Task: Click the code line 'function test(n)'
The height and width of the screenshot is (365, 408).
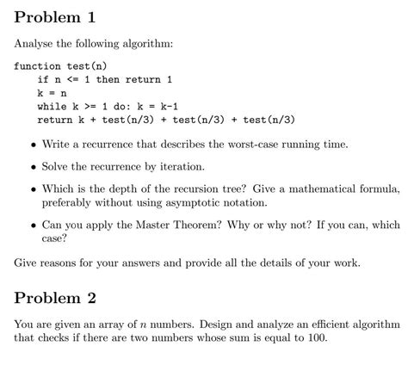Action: coord(60,65)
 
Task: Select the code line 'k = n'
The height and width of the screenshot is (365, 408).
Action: coord(52,92)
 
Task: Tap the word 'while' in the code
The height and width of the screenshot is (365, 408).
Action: coord(51,106)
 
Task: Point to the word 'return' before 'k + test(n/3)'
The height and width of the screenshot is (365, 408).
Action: coord(54,120)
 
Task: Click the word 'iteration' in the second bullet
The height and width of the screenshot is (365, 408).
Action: coord(180,165)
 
